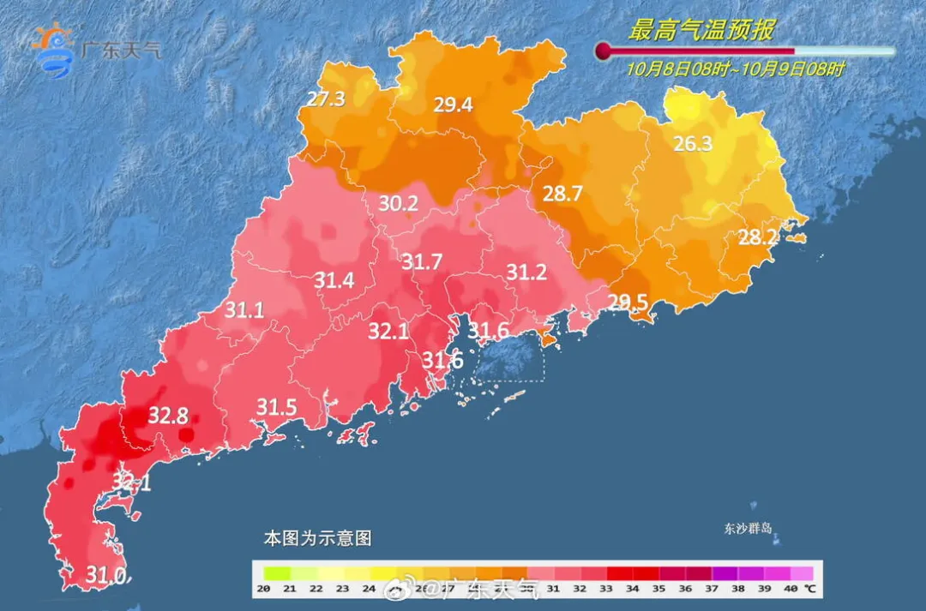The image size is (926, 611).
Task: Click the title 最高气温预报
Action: (x=701, y=31)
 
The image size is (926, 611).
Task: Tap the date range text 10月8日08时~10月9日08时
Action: (x=735, y=69)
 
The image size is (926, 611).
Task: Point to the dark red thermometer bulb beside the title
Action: (x=604, y=51)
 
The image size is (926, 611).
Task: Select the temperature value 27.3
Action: (x=326, y=99)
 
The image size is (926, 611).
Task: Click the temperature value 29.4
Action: (x=453, y=105)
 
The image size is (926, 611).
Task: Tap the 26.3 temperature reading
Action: (x=693, y=144)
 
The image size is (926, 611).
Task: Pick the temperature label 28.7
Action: (x=562, y=194)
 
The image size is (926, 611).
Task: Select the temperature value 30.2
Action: (x=399, y=204)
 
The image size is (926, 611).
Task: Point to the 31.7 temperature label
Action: (x=422, y=262)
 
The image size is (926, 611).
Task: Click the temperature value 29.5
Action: (x=628, y=301)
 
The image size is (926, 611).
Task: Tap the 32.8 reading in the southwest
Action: (x=168, y=416)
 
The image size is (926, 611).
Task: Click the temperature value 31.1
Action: (x=244, y=311)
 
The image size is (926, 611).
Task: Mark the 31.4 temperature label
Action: (x=334, y=280)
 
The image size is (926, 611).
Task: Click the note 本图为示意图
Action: (x=317, y=539)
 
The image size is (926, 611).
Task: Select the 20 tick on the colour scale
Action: (x=264, y=588)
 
